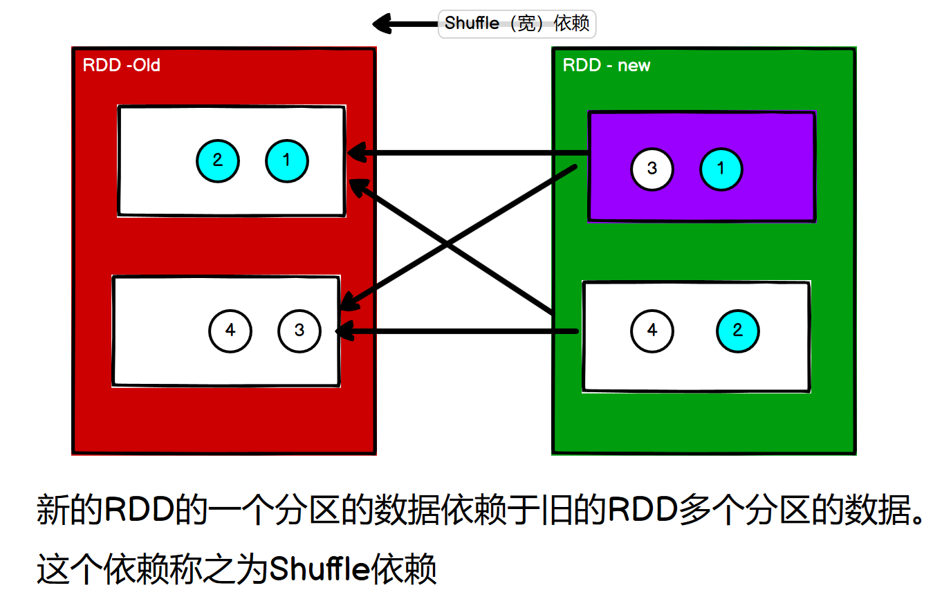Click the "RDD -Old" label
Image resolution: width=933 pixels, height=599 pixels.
(121, 65)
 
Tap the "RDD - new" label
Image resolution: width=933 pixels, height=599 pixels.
(607, 66)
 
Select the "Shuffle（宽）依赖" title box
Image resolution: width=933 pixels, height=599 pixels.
(517, 24)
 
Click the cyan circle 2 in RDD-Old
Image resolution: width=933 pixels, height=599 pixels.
(218, 160)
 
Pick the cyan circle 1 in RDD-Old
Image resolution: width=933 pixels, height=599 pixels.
(286, 160)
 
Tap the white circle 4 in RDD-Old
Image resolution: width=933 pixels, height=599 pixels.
(230, 331)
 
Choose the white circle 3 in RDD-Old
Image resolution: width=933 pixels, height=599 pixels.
(299, 331)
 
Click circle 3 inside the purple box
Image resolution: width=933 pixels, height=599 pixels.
(652, 169)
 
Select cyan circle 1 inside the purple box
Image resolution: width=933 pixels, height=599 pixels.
(721, 169)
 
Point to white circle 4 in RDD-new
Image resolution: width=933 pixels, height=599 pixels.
(652, 331)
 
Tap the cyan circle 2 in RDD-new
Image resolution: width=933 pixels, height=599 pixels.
(738, 331)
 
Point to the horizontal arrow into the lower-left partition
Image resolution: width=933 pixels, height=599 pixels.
(456, 331)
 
